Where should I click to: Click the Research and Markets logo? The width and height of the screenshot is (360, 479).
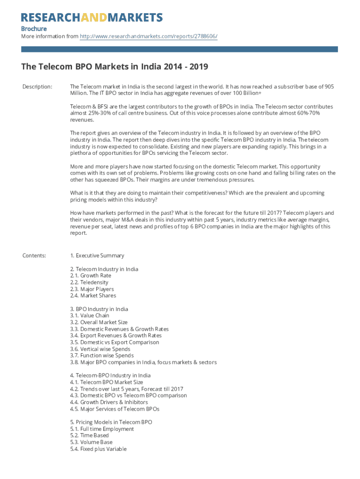pyautogui.click(x=92, y=18)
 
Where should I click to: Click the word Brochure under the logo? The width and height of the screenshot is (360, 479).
pyautogui.click(x=34, y=29)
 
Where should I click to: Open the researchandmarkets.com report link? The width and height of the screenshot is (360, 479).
pyautogui.click(x=149, y=36)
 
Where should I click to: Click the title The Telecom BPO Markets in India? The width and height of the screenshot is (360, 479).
pyautogui.click(x=115, y=67)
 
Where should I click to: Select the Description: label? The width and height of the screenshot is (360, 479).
pyautogui.click(x=37, y=87)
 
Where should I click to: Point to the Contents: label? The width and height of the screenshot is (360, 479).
pyautogui.click(x=34, y=255)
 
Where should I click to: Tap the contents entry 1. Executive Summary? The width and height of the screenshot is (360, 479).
pyautogui.click(x=97, y=255)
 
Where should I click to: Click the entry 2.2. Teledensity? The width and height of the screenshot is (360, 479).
pyautogui.click(x=89, y=282)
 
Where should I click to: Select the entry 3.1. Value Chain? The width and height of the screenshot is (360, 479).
pyautogui.click(x=89, y=316)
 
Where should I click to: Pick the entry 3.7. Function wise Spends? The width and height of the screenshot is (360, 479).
pyautogui.click(x=101, y=356)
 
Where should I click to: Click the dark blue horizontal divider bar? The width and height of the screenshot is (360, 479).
pyautogui.click(x=180, y=49)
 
